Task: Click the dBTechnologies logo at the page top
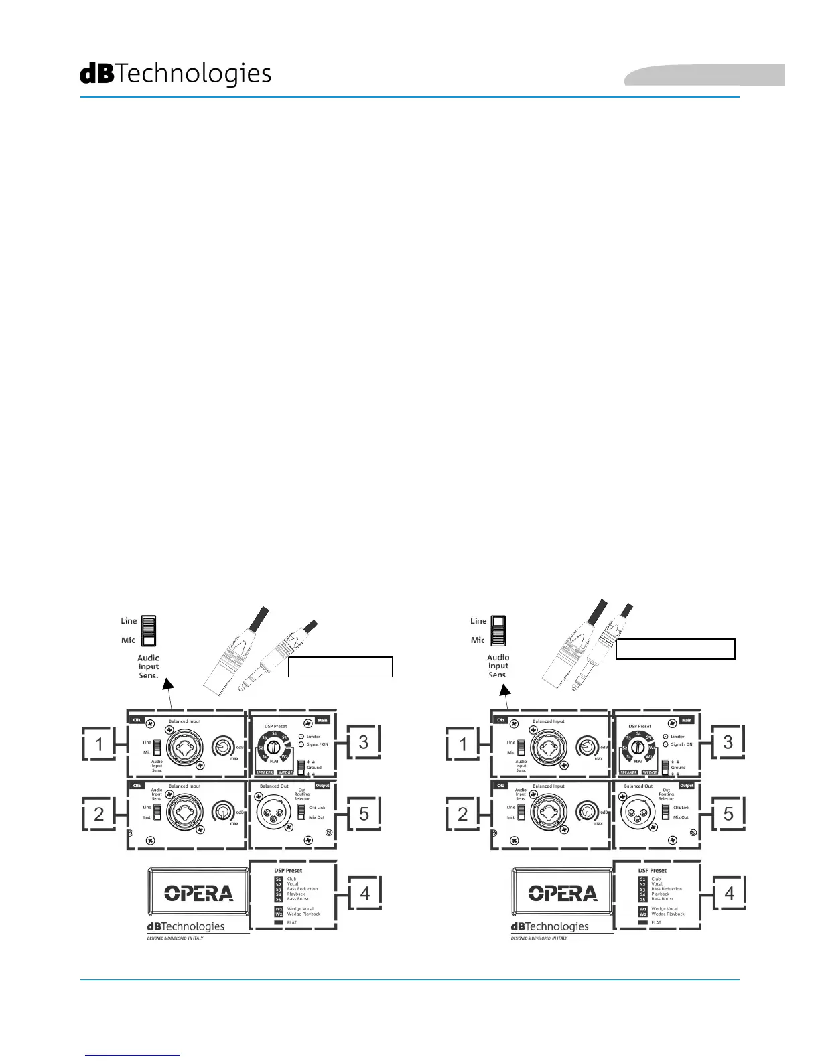click(176, 74)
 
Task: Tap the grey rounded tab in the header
click(705, 75)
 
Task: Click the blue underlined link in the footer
click(133, 1055)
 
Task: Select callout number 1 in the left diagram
click(99, 744)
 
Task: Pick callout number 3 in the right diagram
click(728, 742)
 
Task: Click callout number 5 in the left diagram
click(364, 814)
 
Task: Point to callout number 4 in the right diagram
click(729, 893)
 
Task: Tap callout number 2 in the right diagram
click(463, 815)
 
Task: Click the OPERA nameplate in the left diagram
click(199, 893)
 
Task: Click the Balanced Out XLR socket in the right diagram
click(636, 812)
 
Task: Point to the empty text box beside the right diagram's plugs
click(675, 649)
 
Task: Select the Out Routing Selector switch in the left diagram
click(301, 812)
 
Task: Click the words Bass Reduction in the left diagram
click(302, 889)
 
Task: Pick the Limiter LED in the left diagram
click(301, 737)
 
